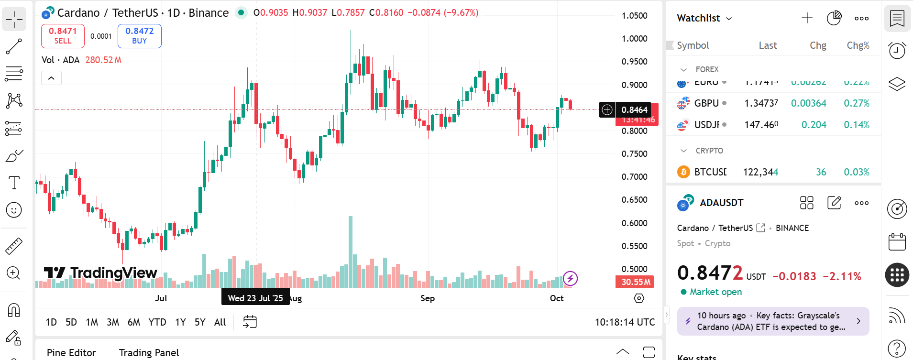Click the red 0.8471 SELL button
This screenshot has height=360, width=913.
pyautogui.click(x=63, y=36)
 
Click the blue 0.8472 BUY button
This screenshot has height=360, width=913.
pyautogui.click(x=139, y=36)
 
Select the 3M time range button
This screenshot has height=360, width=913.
pyautogui.click(x=113, y=322)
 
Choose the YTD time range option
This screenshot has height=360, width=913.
pyautogui.click(x=157, y=322)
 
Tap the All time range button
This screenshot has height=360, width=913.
pyautogui.click(x=220, y=322)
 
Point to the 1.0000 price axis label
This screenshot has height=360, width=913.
pyautogui.click(x=634, y=39)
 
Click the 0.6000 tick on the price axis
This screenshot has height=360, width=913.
pyautogui.click(x=634, y=223)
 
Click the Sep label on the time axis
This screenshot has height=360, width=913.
pyautogui.click(x=428, y=298)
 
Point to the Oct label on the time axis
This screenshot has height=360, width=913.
pyautogui.click(x=557, y=298)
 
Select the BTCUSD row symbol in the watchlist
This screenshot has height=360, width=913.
pyautogui.click(x=710, y=172)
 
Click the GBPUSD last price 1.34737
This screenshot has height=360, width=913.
pyautogui.click(x=761, y=103)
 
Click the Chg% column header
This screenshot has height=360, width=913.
pyautogui.click(x=858, y=45)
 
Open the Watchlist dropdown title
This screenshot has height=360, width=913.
pyautogui.click(x=704, y=18)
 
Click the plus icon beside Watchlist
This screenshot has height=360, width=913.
pyautogui.click(x=807, y=18)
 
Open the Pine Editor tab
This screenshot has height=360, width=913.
pyautogui.click(x=71, y=353)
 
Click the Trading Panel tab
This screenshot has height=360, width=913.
pyautogui.click(x=149, y=353)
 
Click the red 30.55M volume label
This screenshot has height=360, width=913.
pyautogui.click(x=635, y=282)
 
